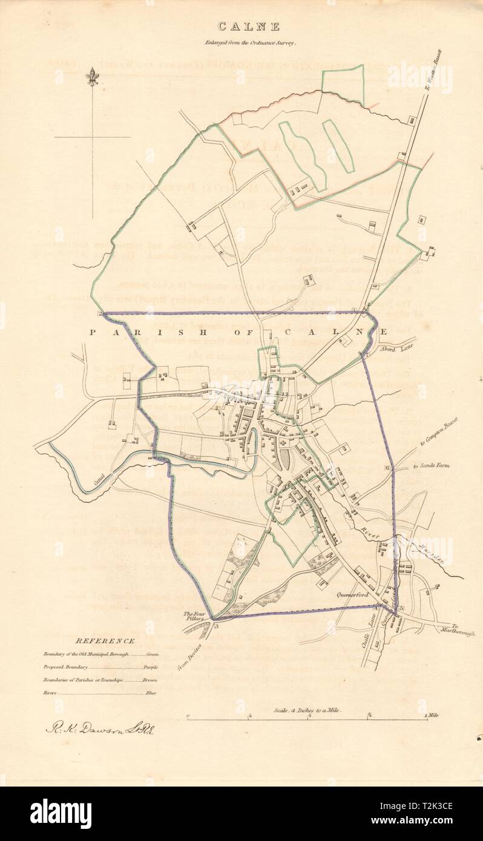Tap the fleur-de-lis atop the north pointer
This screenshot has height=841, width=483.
(92, 76)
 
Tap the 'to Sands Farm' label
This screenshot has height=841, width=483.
(432, 466)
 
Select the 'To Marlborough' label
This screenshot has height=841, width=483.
(462, 629)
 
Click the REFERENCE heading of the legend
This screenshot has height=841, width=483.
(96, 641)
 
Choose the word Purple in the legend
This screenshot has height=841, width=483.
(151, 667)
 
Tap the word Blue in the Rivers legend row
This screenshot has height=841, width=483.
(151, 693)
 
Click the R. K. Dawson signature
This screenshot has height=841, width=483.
(100, 728)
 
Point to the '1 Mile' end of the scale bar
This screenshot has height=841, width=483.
(431, 716)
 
